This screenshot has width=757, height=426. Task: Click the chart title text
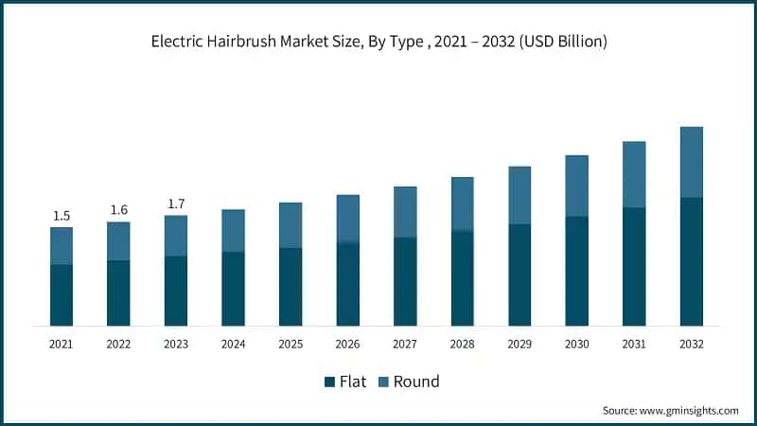coord(378,42)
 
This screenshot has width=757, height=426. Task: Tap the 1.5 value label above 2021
coord(62,215)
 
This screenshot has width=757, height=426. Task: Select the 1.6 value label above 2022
coord(118,209)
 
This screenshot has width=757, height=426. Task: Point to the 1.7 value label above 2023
coord(176,203)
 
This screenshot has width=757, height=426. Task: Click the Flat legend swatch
coord(330,382)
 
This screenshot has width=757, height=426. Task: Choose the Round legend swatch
coord(383,382)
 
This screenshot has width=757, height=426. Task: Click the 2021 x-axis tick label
coord(62,345)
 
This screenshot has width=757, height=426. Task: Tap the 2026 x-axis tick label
coord(348,345)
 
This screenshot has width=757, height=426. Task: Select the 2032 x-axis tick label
coord(692,345)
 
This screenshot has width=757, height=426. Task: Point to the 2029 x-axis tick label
coord(519,345)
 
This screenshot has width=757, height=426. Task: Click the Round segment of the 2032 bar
coord(692,162)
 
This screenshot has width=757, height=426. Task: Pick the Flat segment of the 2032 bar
coord(692,261)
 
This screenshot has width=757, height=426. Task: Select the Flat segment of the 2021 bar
coord(62,294)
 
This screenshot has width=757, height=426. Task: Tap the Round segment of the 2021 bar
coord(62,246)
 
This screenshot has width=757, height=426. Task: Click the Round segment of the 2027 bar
coord(405,212)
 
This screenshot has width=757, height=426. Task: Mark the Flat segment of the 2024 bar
coord(233,289)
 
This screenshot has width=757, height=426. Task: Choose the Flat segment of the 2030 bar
coord(577,271)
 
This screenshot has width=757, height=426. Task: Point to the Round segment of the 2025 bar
coord(290,225)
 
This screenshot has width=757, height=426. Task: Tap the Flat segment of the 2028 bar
coord(463,278)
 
